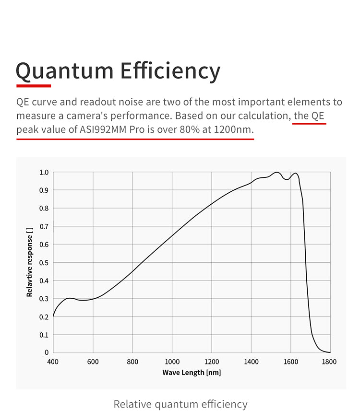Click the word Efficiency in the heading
[170, 70]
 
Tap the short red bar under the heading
[34, 86]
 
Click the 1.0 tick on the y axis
[44, 172]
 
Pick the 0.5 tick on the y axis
[44, 262]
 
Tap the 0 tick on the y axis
[47, 352]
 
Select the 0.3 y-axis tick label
[44, 298]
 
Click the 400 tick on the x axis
[53, 362]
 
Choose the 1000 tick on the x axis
[172, 362]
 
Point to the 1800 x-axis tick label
[330, 362]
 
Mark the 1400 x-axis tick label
[251, 362]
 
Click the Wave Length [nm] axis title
[192, 373]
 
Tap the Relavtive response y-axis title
[30, 262]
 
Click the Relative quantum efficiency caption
[180, 404]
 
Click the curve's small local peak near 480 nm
[70, 298]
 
